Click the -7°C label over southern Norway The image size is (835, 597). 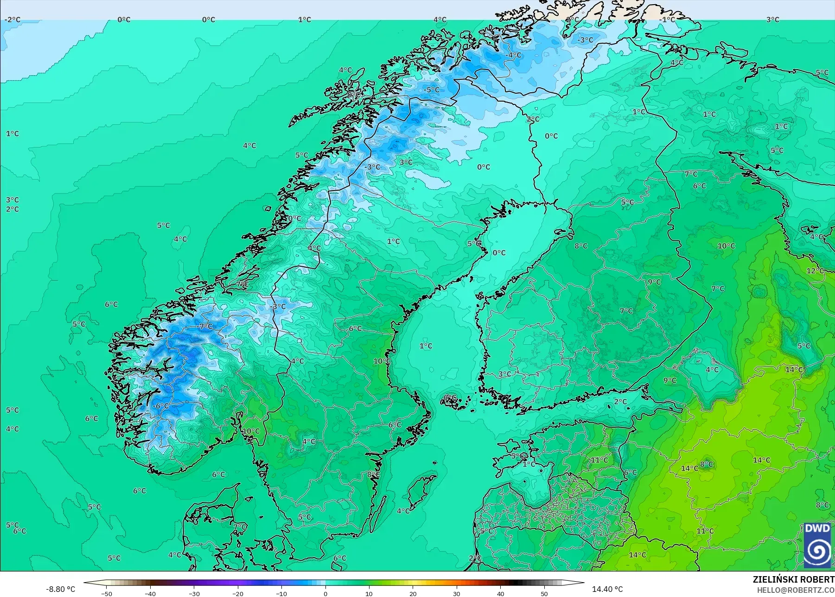pos(205,327)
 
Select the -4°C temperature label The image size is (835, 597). pos(514,55)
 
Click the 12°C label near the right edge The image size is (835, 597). pos(815,271)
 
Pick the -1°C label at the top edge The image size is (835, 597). pos(668,19)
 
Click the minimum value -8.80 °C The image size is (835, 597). pos(60,589)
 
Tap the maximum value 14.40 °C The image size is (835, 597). pos(607,589)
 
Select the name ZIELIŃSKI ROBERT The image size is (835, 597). pos(793,579)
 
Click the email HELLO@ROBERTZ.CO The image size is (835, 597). pos(796,590)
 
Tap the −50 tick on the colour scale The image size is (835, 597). pos(107,593)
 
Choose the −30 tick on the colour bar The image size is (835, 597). pos(194,593)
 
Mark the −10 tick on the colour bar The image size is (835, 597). pos(281,593)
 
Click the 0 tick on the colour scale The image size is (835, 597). pos(325,593)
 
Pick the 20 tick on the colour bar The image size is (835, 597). pos(413,593)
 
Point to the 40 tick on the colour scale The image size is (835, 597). pos(500,593)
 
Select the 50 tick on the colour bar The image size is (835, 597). pos(544,593)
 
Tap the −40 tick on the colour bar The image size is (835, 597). pos(150,593)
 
